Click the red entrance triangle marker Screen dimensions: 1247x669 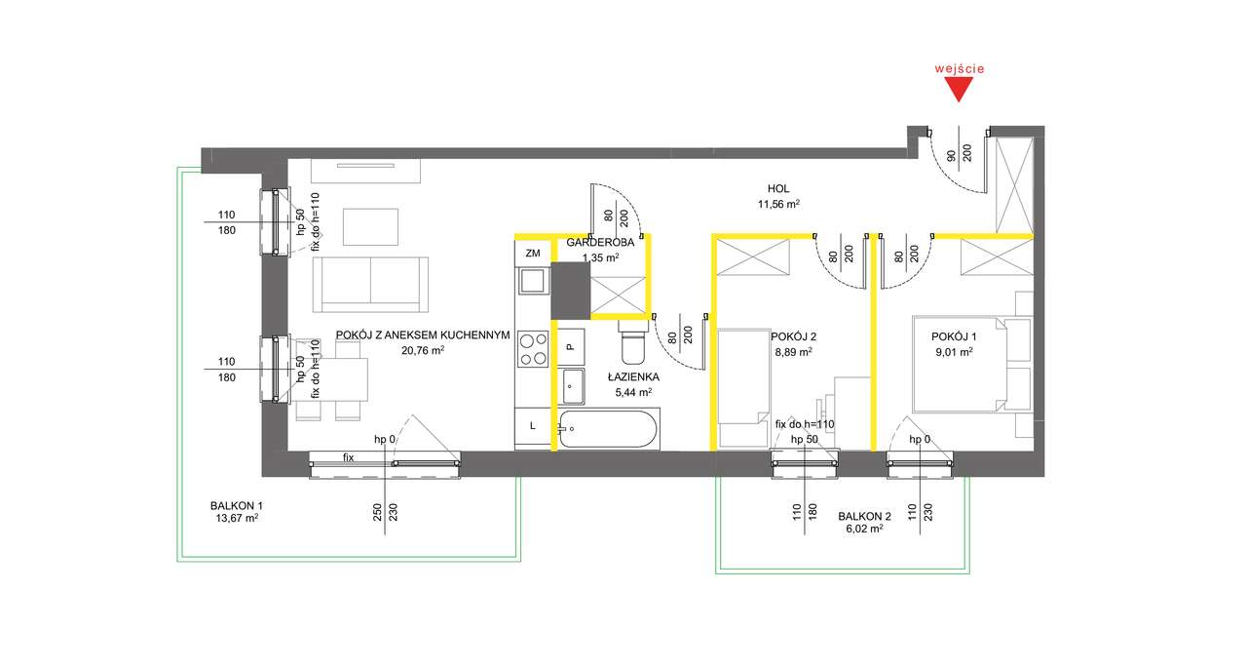[x=959, y=89]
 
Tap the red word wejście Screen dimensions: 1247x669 [x=960, y=68]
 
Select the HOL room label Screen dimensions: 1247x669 [x=778, y=189]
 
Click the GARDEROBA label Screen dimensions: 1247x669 [x=600, y=243]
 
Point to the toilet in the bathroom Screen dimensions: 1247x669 [x=633, y=342]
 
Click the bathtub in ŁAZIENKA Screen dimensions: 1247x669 [x=608, y=429]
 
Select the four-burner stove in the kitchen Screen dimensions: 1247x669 [x=533, y=349]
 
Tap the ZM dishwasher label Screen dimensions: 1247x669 [x=533, y=254]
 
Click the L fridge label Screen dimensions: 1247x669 [x=533, y=426]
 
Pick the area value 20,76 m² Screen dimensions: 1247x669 [x=423, y=351]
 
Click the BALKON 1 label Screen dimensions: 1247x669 [x=237, y=506]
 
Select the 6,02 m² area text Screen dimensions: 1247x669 [x=864, y=529]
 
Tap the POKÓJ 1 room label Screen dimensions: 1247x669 [x=954, y=336]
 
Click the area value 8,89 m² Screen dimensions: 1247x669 [x=793, y=352]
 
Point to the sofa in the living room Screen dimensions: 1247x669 [x=370, y=285]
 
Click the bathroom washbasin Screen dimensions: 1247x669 [x=573, y=386]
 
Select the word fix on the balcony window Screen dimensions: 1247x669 [x=349, y=457]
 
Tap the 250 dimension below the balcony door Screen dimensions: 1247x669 [x=377, y=512]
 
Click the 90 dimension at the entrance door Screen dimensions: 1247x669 [x=952, y=155]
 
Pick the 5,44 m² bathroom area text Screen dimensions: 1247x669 [x=633, y=392]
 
